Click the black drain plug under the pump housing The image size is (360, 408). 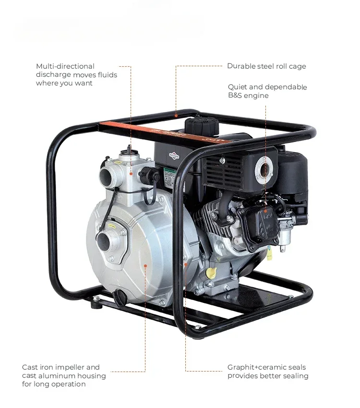(120, 298)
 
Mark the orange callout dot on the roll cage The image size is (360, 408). (176, 115)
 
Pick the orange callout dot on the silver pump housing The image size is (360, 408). (145, 264)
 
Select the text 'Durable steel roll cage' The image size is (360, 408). (266, 66)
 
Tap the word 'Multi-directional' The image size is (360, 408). (65, 66)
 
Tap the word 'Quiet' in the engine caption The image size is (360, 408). (238, 87)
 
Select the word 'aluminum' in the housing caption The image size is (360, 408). (57, 376)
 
